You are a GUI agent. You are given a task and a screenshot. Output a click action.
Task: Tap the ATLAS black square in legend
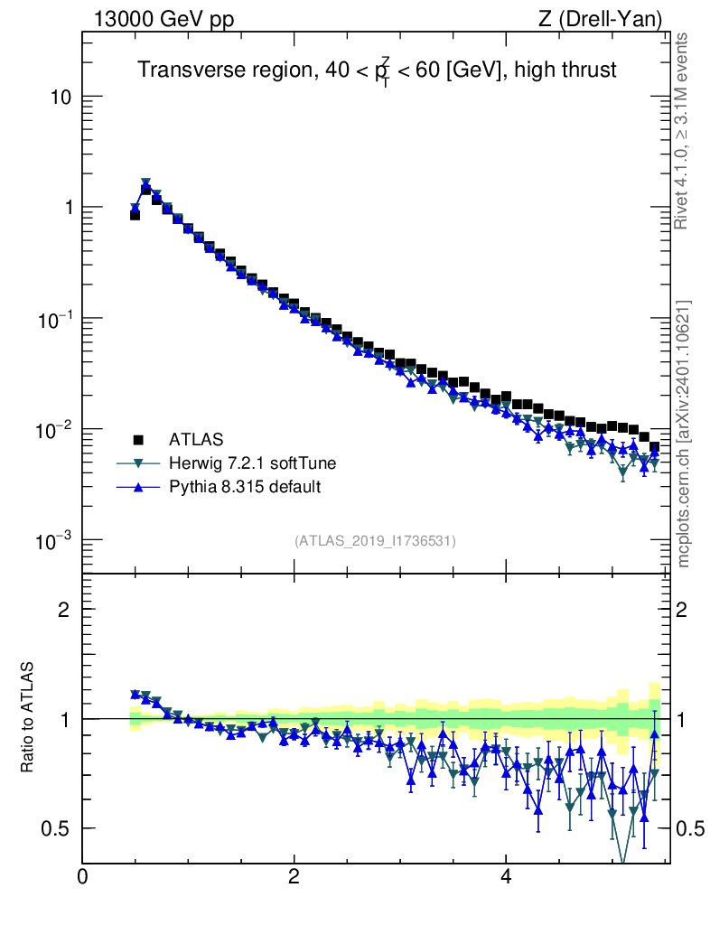139,440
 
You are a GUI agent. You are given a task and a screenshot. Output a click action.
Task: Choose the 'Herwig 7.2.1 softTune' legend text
253,463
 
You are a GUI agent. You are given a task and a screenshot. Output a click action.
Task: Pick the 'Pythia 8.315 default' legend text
245,487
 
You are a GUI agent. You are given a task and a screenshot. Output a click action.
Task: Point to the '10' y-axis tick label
59,97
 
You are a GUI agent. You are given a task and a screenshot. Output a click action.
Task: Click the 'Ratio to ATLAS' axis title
27,718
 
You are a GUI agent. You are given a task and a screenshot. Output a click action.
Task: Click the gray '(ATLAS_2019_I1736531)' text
375,541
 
